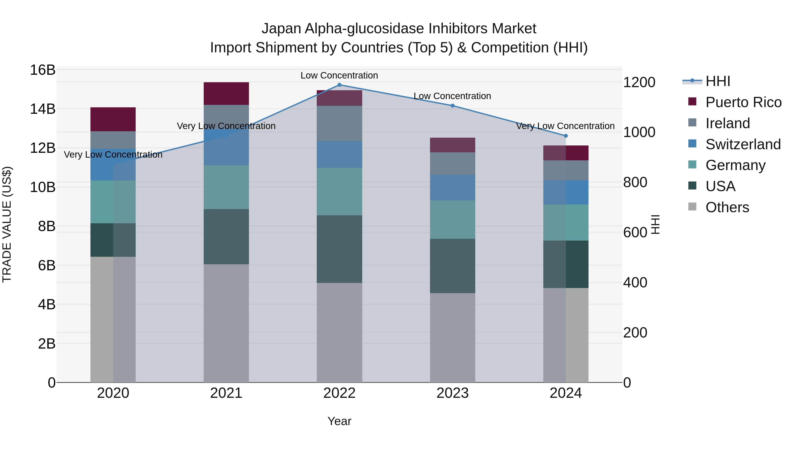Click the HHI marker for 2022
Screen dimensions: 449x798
pos(339,85)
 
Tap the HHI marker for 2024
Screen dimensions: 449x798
pos(566,136)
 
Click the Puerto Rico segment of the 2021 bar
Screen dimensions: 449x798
pos(226,94)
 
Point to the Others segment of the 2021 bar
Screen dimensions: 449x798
pos(226,323)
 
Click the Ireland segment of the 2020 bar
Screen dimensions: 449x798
pos(113,140)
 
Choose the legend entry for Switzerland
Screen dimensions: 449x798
pos(743,144)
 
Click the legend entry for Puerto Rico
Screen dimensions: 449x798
pos(743,102)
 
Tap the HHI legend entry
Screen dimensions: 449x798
pos(718,81)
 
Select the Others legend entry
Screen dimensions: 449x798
pos(727,207)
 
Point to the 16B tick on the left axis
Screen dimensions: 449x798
pos(43,70)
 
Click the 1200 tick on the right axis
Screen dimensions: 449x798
pos(639,82)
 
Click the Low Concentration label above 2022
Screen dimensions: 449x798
pos(339,75)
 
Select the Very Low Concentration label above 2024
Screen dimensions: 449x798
pos(565,126)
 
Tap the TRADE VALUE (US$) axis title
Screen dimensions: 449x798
pos(7,224)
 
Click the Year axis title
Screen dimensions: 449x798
pos(339,421)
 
